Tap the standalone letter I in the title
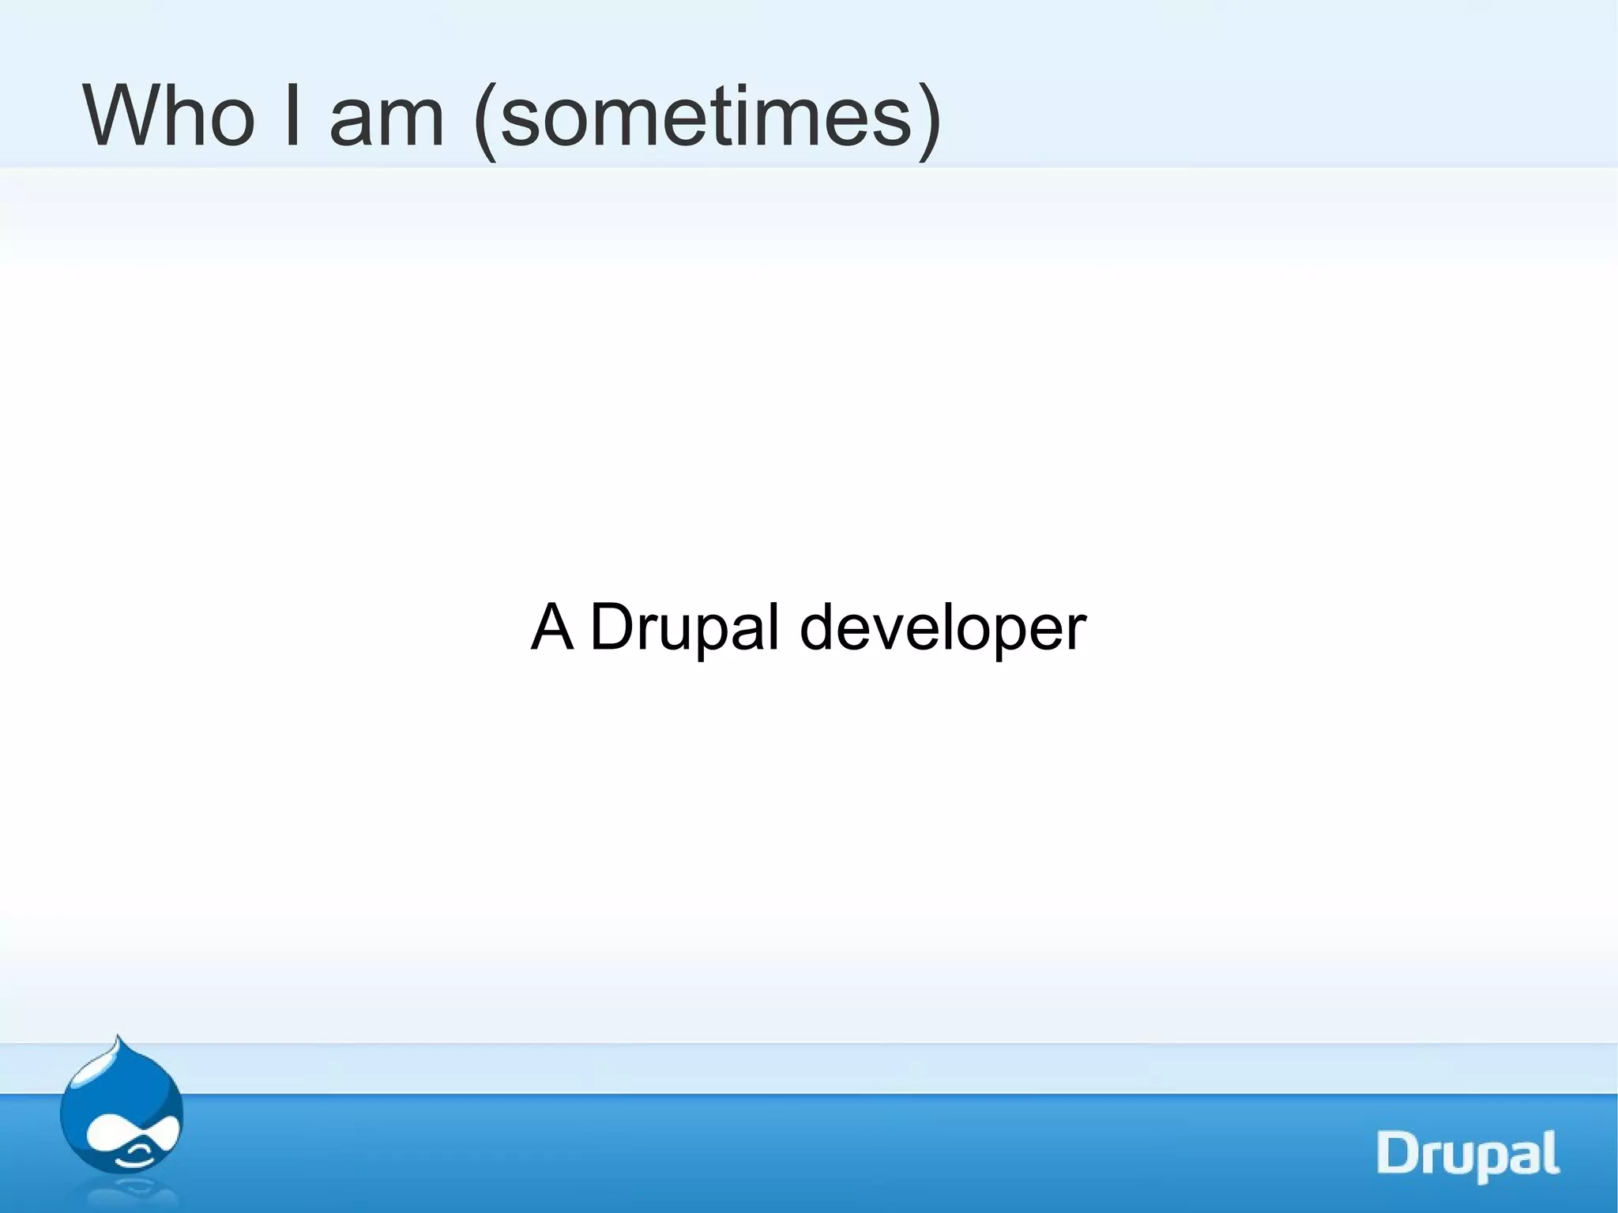(x=291, y=116)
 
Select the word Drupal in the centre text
(x=684, y=628)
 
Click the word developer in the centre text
(x=943, y=630)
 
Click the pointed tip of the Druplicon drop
(x=118, y=1038)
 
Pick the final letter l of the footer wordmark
(x=1552, y=1151)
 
